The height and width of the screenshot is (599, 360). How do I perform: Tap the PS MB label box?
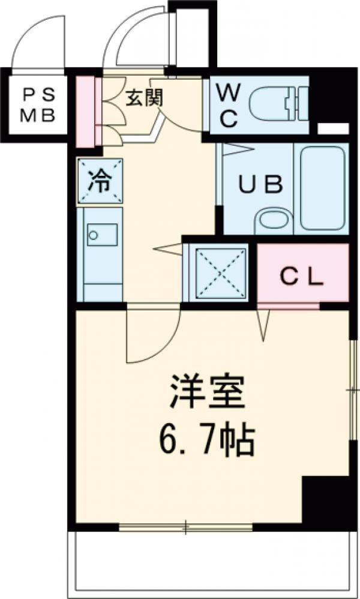(38, 106)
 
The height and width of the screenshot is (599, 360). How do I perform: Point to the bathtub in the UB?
(323, 187)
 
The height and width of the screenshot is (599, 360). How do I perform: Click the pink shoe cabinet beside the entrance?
(86, 111)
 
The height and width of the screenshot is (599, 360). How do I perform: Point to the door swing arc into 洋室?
(150, 339)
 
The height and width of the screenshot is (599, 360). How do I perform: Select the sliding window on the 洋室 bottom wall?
(186, 528)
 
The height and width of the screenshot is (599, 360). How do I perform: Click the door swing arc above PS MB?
(39, 42)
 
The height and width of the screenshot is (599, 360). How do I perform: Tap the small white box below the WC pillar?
(332, 128)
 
